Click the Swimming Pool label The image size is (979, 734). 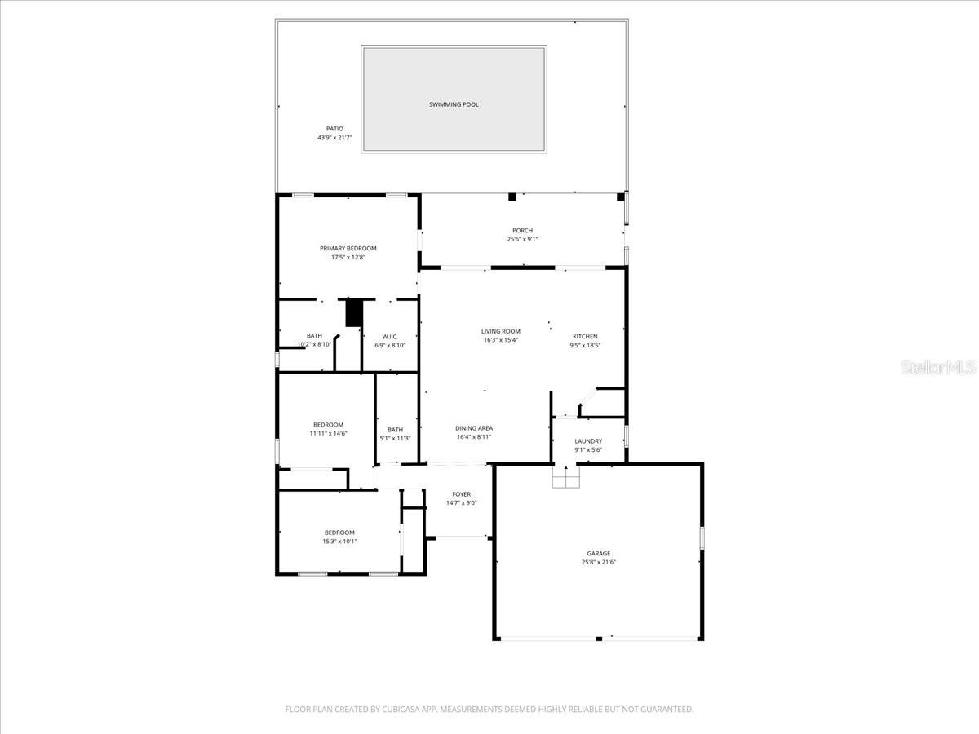[454, 104]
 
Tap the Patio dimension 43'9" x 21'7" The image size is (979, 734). [334, 138]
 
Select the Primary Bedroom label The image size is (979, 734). [348, 248]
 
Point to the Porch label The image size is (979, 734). [522, 231]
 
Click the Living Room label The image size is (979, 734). [500, 331]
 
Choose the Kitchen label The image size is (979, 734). [584, 336]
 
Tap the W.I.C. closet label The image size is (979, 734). [389, 336]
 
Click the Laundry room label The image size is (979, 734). [587, 441]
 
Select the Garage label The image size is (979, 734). [598, 553]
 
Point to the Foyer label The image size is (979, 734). [461, 494]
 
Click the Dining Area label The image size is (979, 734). [473, 428]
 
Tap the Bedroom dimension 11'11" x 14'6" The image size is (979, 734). [328, 433]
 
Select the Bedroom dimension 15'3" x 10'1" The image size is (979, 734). [339, 541]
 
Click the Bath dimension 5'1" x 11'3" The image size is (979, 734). [395, 438]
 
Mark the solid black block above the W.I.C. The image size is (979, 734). [354, 313]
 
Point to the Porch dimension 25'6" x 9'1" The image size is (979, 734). [522, 239]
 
